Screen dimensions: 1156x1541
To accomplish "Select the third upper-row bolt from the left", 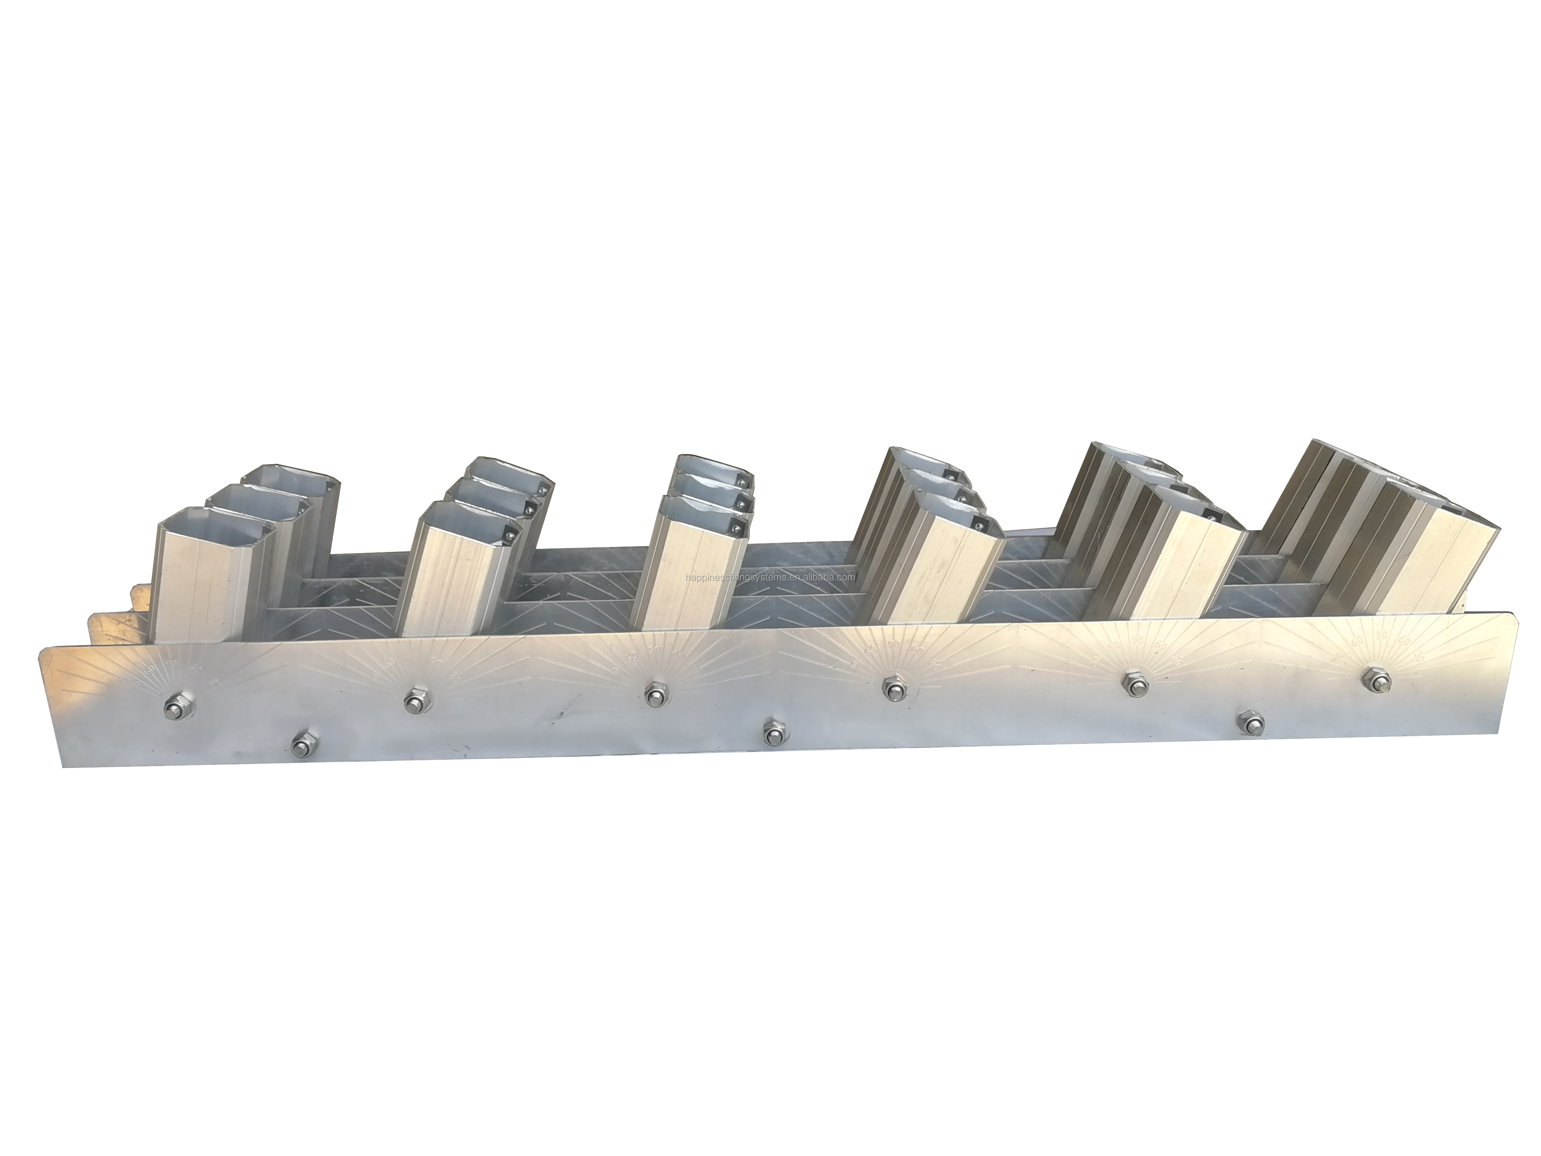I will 654,694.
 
